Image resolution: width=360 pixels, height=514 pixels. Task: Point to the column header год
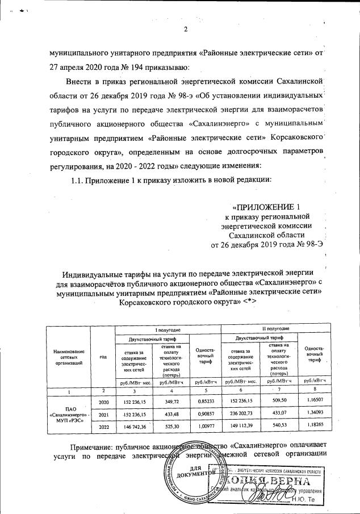pos(103,357)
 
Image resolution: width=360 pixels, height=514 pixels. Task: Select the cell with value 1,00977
pos(203,427)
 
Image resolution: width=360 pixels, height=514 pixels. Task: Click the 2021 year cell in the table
pos(103,415)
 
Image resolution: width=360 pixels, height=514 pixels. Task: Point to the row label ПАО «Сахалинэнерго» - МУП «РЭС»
pos(69,415)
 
